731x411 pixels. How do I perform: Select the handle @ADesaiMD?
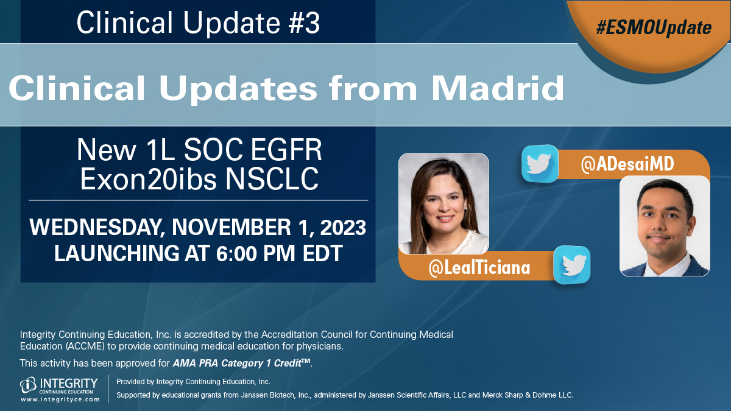tap(627, 164)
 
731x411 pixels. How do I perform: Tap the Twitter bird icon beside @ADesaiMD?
tap(540, 163)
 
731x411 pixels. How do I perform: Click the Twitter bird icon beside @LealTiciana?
tap(572, 265)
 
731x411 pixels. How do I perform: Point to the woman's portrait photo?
tap(443, 203)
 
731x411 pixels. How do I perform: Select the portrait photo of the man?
tap(665, 226)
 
